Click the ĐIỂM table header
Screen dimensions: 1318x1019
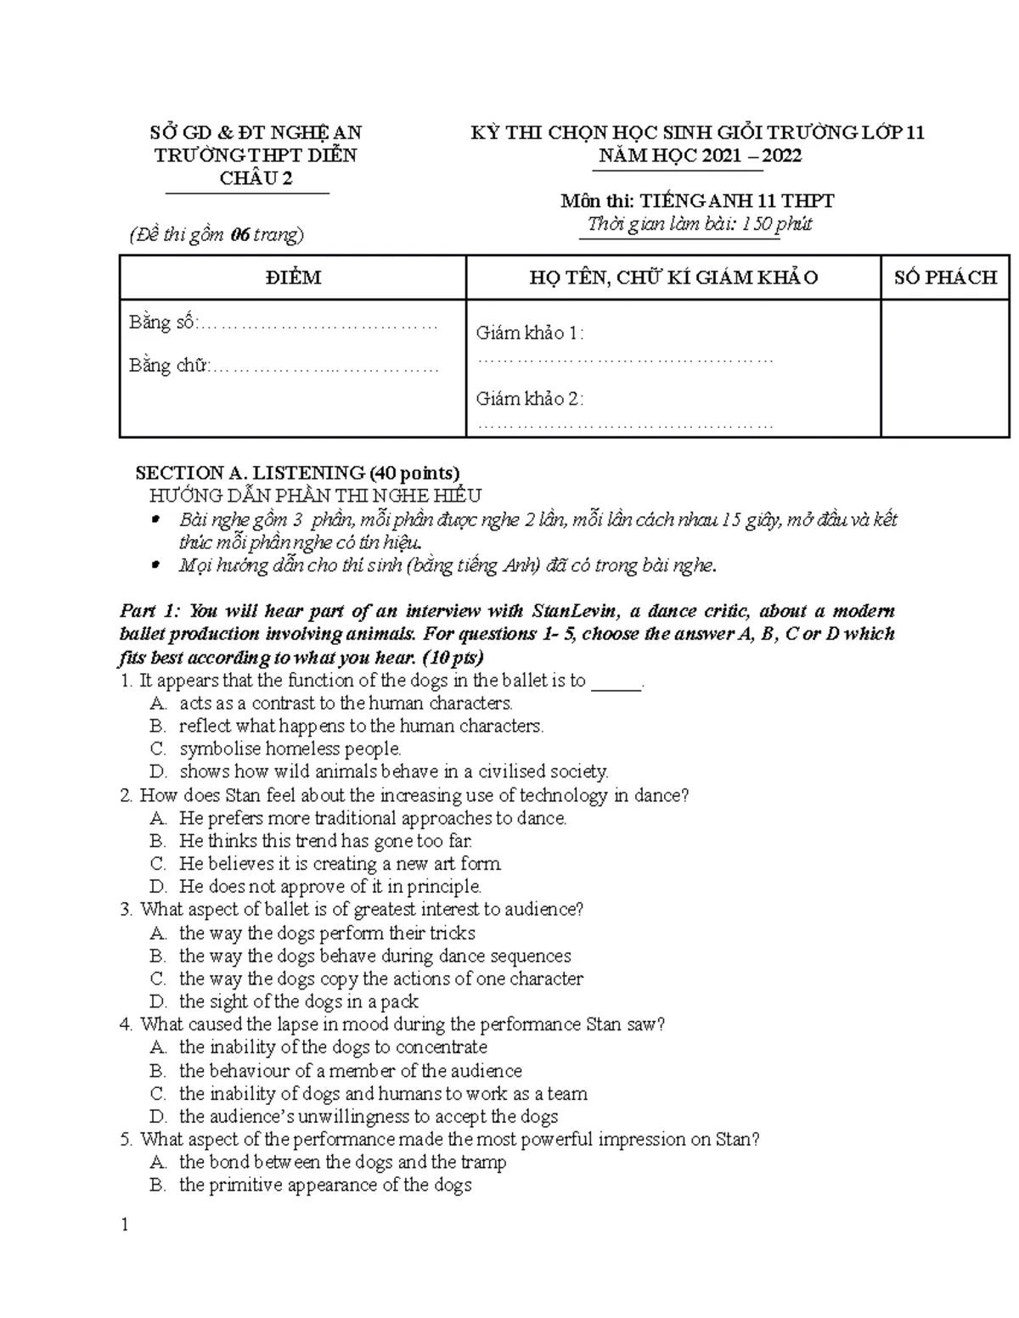pos(293,278)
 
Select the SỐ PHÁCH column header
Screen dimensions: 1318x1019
pos(945,278)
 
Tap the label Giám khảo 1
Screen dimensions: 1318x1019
pos(530,333)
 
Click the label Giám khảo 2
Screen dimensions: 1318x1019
pos(530,399)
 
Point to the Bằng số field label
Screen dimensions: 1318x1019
pos(163,322)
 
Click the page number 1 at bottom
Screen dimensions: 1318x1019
pos(125,1225)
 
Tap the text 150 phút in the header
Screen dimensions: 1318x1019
pos(777,224)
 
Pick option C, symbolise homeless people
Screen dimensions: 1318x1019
pos(289,749)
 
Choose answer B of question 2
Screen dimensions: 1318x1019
pos(324,841)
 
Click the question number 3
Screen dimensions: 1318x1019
pos(126,910)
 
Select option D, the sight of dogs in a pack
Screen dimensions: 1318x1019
pos(297,1001)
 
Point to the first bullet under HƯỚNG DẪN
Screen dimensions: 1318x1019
pos(155,519)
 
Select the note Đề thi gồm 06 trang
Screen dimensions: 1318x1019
pos(217,235)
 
